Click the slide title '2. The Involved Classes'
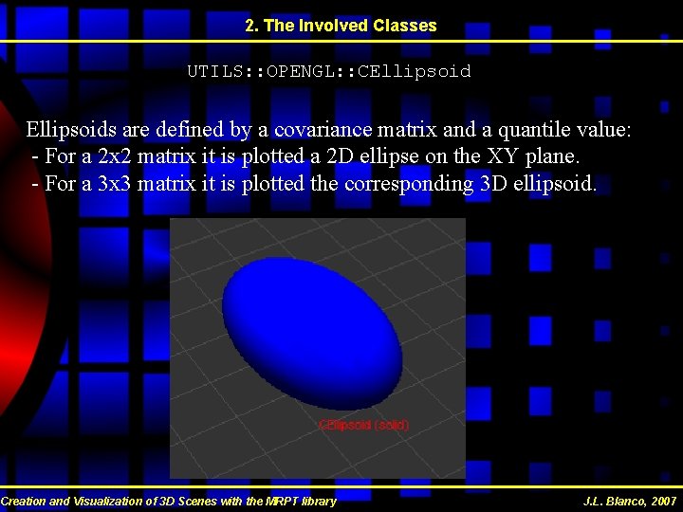341,26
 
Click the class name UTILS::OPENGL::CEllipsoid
328,71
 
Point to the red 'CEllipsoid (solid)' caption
364,426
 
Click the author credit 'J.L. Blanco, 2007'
630,501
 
